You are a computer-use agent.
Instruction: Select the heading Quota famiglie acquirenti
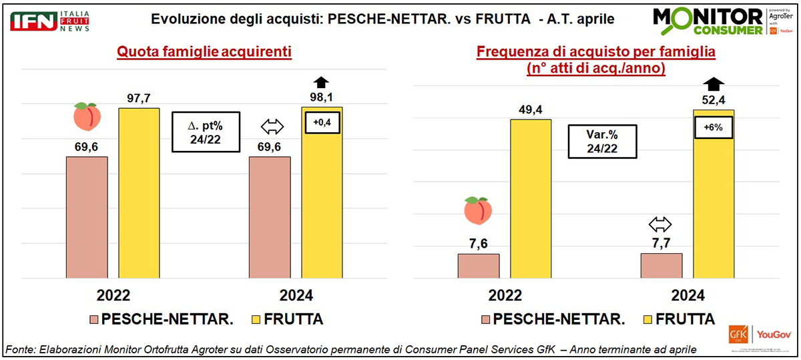point(204,51)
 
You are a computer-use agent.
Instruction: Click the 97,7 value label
point(139,98)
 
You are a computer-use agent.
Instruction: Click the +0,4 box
point(322,122)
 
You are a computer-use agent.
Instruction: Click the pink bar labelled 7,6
point(479,265)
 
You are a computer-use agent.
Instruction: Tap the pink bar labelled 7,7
point(661,265)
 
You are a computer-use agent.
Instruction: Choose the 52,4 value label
point(713,100)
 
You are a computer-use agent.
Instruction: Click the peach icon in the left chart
point(87,117)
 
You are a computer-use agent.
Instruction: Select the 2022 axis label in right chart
point(505,296)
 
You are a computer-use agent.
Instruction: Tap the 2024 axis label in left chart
point(296,296)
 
